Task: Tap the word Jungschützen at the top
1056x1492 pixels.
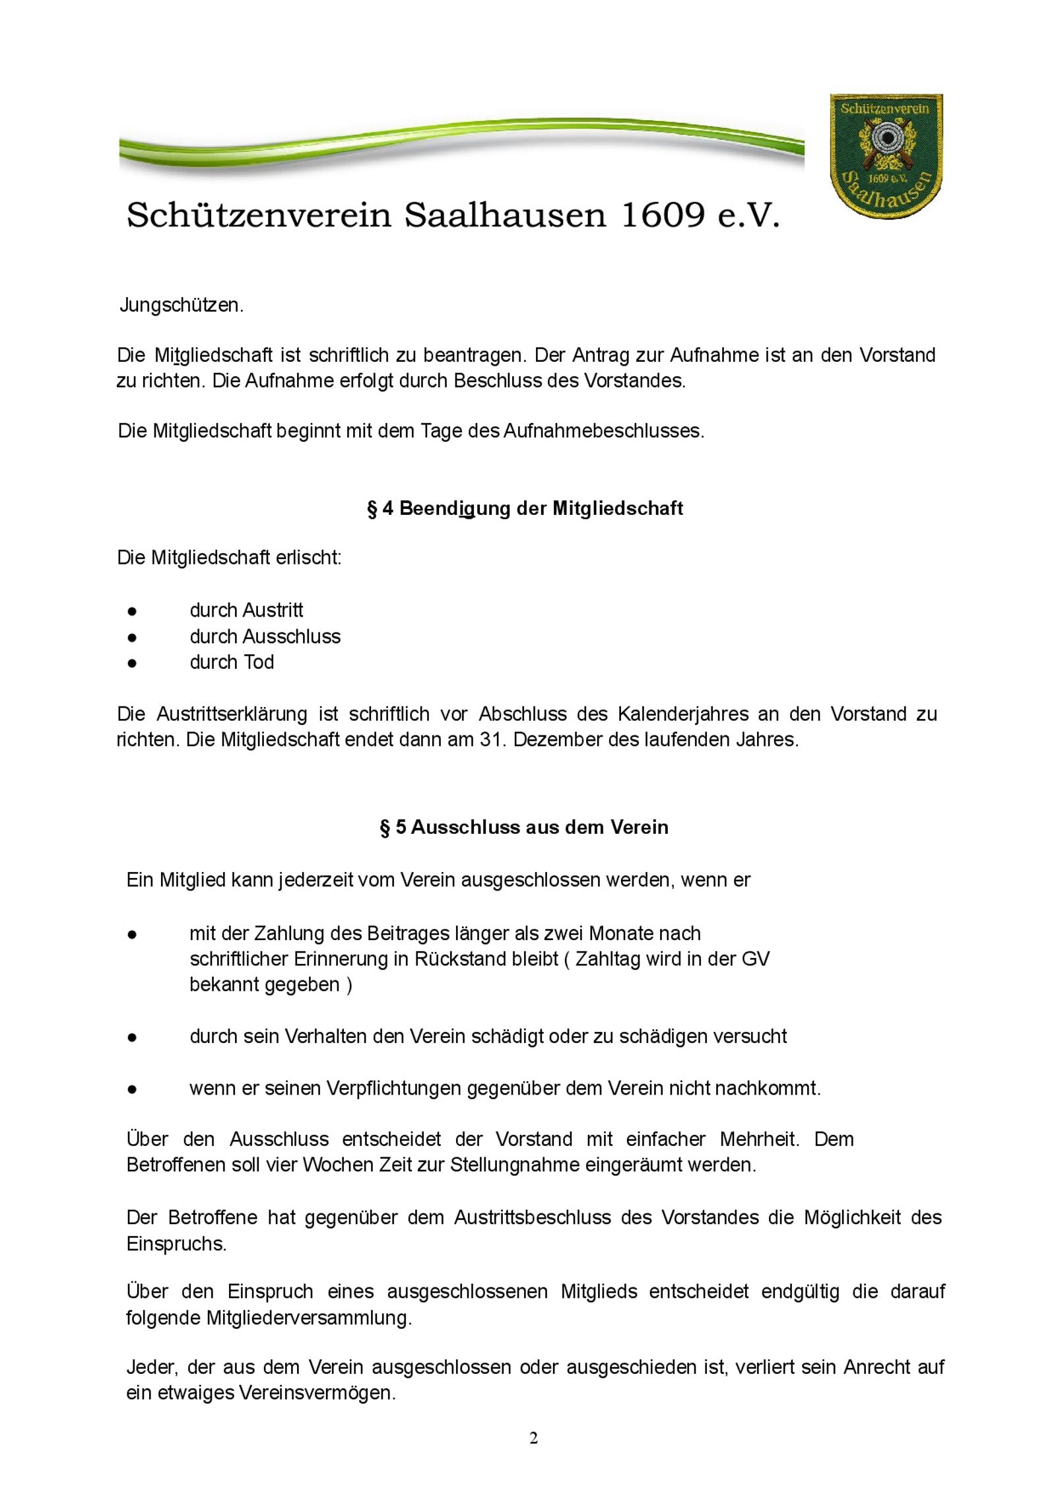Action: pyautogui.click(x=181, y=306)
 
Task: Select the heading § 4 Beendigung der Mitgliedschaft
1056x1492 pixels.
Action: pyautogui.click(x=525, y=508)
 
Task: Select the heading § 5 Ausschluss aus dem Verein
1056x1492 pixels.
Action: pyautogui.click(x=524, y=827)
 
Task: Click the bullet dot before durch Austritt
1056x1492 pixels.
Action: pyautogui.click(x=133, y=611)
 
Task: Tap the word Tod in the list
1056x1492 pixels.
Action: pyautogui.click(x=259, y=662)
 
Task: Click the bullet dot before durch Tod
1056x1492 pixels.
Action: pyautogui.click(x=133, y=663)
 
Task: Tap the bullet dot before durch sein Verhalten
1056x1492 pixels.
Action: pyautogui.click(x=133, y=1037)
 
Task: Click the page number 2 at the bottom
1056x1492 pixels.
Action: pyautogui.click(x=533, y=1438)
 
